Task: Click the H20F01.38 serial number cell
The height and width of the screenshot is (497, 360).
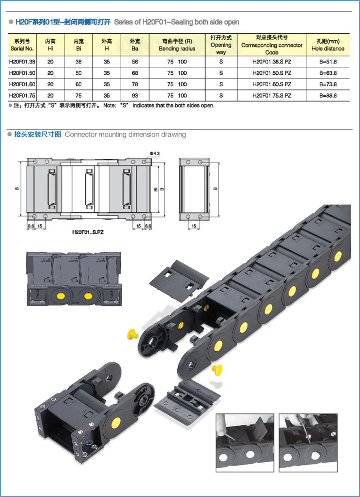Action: pos(22,62)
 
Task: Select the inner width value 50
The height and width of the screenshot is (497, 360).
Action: pos(78,73)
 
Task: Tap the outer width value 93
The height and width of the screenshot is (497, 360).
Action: pos(135,95)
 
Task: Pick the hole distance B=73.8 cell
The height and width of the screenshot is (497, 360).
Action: pos(328,84)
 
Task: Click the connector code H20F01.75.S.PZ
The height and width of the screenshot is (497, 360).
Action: pos(272,95)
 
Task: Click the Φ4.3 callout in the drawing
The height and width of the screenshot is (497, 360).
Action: pos(155,153)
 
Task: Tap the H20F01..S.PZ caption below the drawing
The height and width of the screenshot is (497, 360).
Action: pos(88,232)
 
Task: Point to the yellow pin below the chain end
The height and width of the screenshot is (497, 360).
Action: pos(218,370)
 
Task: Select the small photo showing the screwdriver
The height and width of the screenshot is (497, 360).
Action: pos(308,442)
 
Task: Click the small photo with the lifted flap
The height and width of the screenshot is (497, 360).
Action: pos(245,442)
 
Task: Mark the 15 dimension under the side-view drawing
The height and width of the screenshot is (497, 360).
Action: pos(193,226)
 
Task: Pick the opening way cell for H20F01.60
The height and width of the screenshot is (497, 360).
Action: pos(221,84)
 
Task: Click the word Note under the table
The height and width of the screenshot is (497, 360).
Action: pos(109,105)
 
